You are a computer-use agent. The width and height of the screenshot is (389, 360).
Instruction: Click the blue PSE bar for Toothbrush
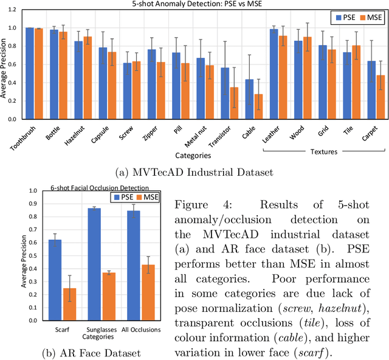coord(30,74)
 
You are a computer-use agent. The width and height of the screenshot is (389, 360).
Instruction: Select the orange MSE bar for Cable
coord(258,107)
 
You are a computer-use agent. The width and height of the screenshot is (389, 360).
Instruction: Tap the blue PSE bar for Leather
coord(274,74)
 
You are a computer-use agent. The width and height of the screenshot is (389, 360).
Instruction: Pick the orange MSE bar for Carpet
coord(380,97)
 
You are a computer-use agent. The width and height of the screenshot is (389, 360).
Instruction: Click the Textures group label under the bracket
coord(322,151)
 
